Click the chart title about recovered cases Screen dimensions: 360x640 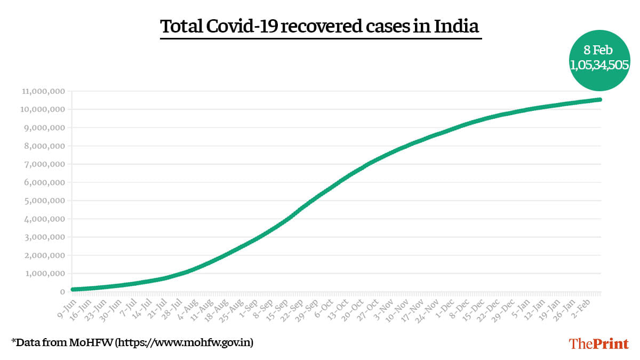pyautogui.click(x=320, y=26)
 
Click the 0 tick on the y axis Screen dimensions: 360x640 pyautogui.click(x=62, y=292)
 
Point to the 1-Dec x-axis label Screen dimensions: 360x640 pyautogui.click(x=446, y=307)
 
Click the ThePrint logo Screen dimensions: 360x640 pyautogui.click(x=599, y=343)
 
